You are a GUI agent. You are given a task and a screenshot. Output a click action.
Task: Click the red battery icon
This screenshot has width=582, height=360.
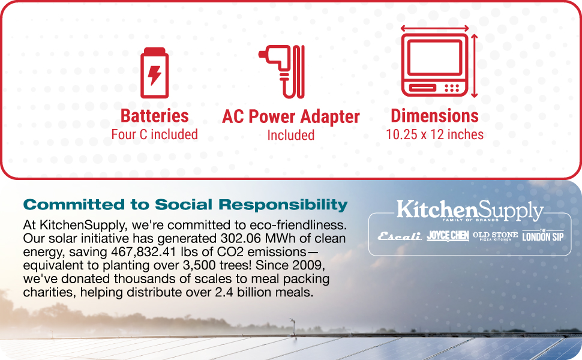click(154, 73)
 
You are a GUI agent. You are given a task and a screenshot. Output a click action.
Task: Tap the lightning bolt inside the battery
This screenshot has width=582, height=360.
click(155, 76)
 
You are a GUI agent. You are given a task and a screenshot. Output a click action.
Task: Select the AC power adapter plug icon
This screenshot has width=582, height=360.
click(283, 71)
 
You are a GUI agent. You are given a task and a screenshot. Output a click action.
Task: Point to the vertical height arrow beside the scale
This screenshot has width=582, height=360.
click(475, 65)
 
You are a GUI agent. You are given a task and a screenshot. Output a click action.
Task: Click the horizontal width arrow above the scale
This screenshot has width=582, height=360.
click(434, 28)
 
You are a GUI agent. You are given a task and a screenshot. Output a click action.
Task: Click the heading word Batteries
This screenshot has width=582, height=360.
click(155, 116)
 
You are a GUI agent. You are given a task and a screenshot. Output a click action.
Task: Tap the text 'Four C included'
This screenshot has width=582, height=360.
click(155, 134)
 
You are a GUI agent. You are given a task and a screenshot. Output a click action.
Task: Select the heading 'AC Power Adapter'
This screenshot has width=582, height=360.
click(291, 116)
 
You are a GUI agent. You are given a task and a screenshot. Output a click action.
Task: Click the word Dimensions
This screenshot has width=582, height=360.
click(435, 116)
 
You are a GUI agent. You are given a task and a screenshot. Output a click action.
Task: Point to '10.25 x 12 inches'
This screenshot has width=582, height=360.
click(435, 134)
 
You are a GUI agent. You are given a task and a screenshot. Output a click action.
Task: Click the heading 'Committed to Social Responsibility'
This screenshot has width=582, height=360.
click(185, 205)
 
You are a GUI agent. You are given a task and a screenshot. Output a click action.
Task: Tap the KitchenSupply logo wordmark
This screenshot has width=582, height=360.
click(470, 211)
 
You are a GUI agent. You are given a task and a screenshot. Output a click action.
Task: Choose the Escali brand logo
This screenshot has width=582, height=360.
click(400, 236)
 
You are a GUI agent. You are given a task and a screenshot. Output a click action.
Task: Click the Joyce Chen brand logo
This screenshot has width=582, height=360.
click(448, 236)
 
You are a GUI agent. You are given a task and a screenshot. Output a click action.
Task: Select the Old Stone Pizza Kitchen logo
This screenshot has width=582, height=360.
click(495, 236)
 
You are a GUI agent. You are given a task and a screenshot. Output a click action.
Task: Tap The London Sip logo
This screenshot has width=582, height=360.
click(542, 235)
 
